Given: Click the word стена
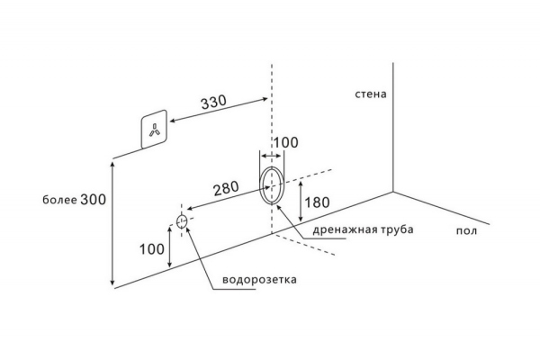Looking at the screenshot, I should [370, 93].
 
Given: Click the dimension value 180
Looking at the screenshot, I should [316, 202].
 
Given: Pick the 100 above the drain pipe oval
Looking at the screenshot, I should [285, 144].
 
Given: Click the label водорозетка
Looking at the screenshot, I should [256, 280].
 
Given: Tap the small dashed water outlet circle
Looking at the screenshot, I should [183, 221].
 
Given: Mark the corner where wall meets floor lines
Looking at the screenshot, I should [392, 191].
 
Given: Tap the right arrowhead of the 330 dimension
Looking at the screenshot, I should [267, 94].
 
